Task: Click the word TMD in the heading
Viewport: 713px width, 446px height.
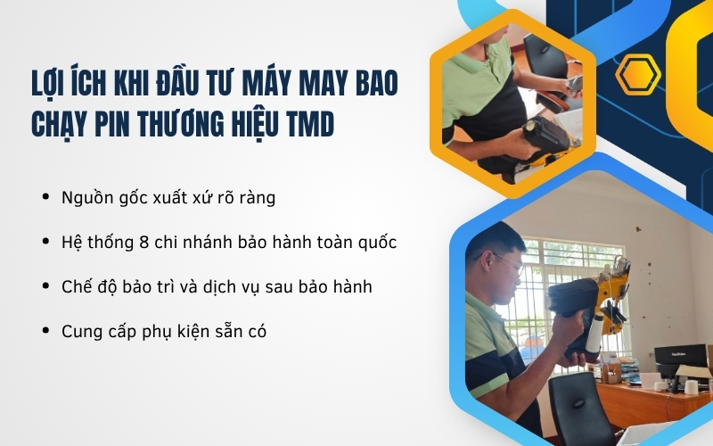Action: [307, 123]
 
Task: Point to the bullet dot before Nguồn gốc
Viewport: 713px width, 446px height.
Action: [45, 197]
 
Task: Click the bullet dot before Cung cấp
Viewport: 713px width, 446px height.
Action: [45, 331]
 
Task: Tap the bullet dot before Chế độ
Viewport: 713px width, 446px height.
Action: [45, 286]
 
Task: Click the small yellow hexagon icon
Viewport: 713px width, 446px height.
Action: [638, 75]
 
